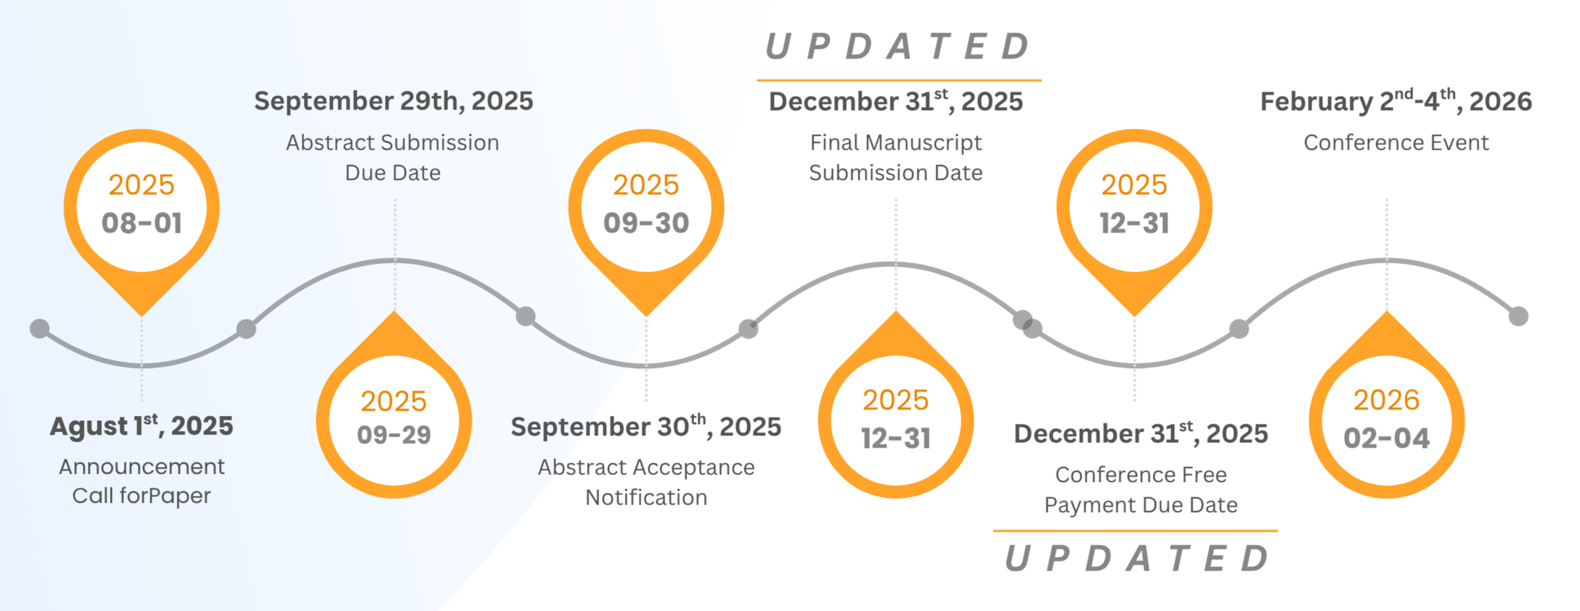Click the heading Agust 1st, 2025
142,426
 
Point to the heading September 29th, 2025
393,101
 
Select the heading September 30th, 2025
646,427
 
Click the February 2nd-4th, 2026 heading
1396,101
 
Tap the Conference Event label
1396,143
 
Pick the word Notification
646,498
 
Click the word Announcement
142,467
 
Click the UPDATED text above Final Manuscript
898,47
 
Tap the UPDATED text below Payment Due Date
1136,558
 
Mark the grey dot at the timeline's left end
40,328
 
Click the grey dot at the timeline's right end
1519,316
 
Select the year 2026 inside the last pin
1387,400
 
